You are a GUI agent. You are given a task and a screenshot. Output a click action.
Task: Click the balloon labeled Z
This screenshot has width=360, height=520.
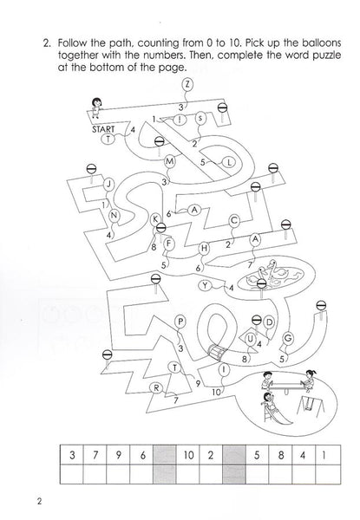(187, 84)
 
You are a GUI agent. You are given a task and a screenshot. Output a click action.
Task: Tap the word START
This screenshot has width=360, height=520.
(103, 129)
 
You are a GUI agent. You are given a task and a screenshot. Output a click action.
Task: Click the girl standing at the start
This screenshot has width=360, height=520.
(96, 107)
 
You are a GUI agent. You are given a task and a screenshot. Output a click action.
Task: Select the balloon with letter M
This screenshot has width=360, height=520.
(169, 161)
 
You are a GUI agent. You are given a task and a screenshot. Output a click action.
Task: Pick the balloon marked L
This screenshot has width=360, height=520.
(229, 163)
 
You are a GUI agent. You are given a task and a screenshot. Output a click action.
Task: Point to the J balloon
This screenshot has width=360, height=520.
(108, 184)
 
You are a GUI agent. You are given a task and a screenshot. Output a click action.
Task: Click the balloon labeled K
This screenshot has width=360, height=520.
(155, 219)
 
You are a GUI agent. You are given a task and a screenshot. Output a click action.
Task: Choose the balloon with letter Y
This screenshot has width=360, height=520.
(206, 285)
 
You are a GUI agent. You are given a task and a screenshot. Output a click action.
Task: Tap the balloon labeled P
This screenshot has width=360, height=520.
(180, 322)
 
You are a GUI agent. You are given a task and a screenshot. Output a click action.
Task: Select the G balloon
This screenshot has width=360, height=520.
(288, 338)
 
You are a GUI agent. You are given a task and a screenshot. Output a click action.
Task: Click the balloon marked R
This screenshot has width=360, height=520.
(156, 388)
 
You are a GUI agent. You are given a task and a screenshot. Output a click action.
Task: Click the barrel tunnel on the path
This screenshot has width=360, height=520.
(217, 352)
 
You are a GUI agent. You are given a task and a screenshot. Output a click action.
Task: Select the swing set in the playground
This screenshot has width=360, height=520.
(311, 406)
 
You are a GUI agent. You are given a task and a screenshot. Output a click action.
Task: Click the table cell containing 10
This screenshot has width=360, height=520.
(187, 455)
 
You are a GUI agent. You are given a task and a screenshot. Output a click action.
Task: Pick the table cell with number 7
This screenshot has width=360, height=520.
(95, 455)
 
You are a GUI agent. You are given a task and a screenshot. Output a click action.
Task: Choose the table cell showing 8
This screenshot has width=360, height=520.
(280, 455)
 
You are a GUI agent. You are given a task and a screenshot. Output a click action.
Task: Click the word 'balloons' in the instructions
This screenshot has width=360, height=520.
(322, 42)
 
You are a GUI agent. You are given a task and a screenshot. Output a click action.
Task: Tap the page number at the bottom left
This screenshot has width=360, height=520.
(40, 501)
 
